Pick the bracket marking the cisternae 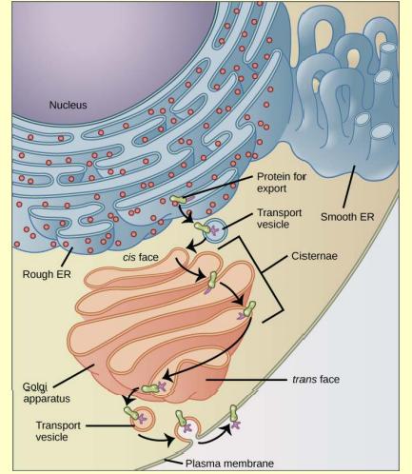(x=276, y=276)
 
